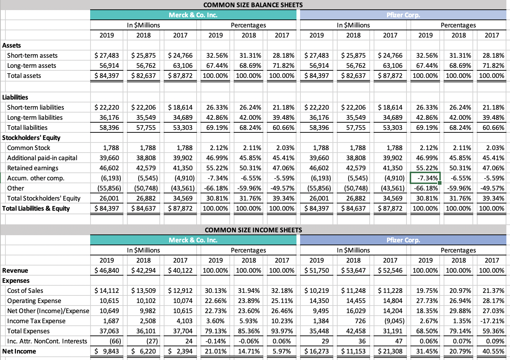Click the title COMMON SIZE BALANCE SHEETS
253,5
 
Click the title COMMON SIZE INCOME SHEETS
253,230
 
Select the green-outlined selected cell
425,178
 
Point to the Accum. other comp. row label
36,178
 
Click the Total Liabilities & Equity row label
36,208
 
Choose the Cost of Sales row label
25,291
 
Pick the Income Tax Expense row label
36,321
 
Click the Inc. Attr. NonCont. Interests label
47,341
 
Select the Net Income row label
19,351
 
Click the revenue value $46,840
107,271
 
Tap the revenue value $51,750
317,271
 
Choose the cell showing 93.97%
282,331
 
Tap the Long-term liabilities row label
35,118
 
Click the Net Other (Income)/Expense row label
48,311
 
